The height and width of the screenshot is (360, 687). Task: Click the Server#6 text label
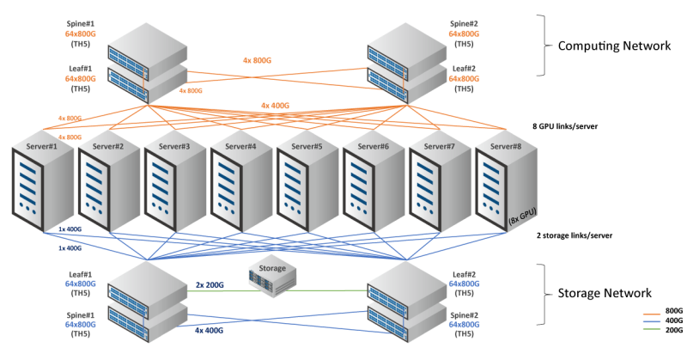pyautogui.click(x=372, y=147)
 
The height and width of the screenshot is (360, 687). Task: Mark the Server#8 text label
pyautogui.click(x=506, y=147)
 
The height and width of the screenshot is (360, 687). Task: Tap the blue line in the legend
pyautogui.click(x=652, y=320)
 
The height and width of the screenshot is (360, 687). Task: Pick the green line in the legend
pyautogui.click(x=652, y=327)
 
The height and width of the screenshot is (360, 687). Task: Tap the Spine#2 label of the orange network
pyautogui.click(x=464, y=23)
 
